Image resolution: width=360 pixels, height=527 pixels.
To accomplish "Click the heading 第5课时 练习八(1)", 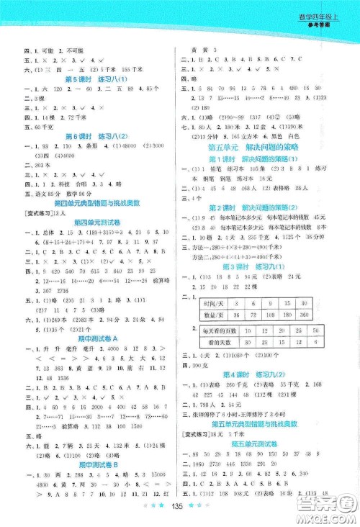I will tap(96, 78).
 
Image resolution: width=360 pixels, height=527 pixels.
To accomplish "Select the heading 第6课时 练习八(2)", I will tap(96, 137).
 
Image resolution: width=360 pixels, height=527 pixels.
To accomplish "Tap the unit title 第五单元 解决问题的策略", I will tap(264, 147).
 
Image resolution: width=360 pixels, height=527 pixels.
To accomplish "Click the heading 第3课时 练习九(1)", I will tap(264, 266).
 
